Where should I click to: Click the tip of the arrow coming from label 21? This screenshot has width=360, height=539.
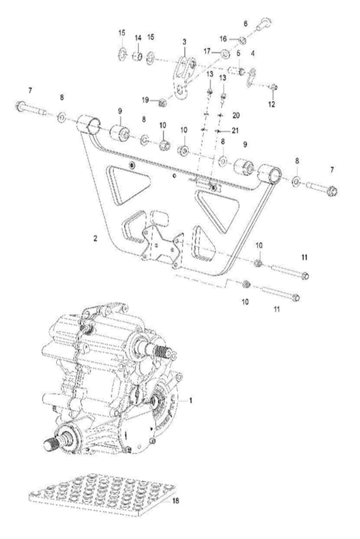point(217,131)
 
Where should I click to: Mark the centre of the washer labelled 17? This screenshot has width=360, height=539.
point(225,54)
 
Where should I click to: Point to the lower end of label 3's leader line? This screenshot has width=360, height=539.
point(184,57)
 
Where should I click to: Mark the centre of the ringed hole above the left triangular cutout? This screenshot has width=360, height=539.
point(132,166)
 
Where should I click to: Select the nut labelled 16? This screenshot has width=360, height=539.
point(243,40)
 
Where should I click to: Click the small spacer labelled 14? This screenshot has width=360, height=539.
point(138,57)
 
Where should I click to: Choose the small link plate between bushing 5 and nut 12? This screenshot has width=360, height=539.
point(251,77)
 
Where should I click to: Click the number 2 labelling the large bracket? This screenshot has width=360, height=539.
point(95,239)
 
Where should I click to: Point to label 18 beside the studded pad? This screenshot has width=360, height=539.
point(176,501)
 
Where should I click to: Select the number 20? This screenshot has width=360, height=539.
point(236,116)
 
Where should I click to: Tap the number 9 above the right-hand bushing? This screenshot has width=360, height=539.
point(245,145)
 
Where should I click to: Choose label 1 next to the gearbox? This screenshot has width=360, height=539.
point(190,401)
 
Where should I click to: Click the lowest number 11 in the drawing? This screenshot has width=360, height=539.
point(277,309)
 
